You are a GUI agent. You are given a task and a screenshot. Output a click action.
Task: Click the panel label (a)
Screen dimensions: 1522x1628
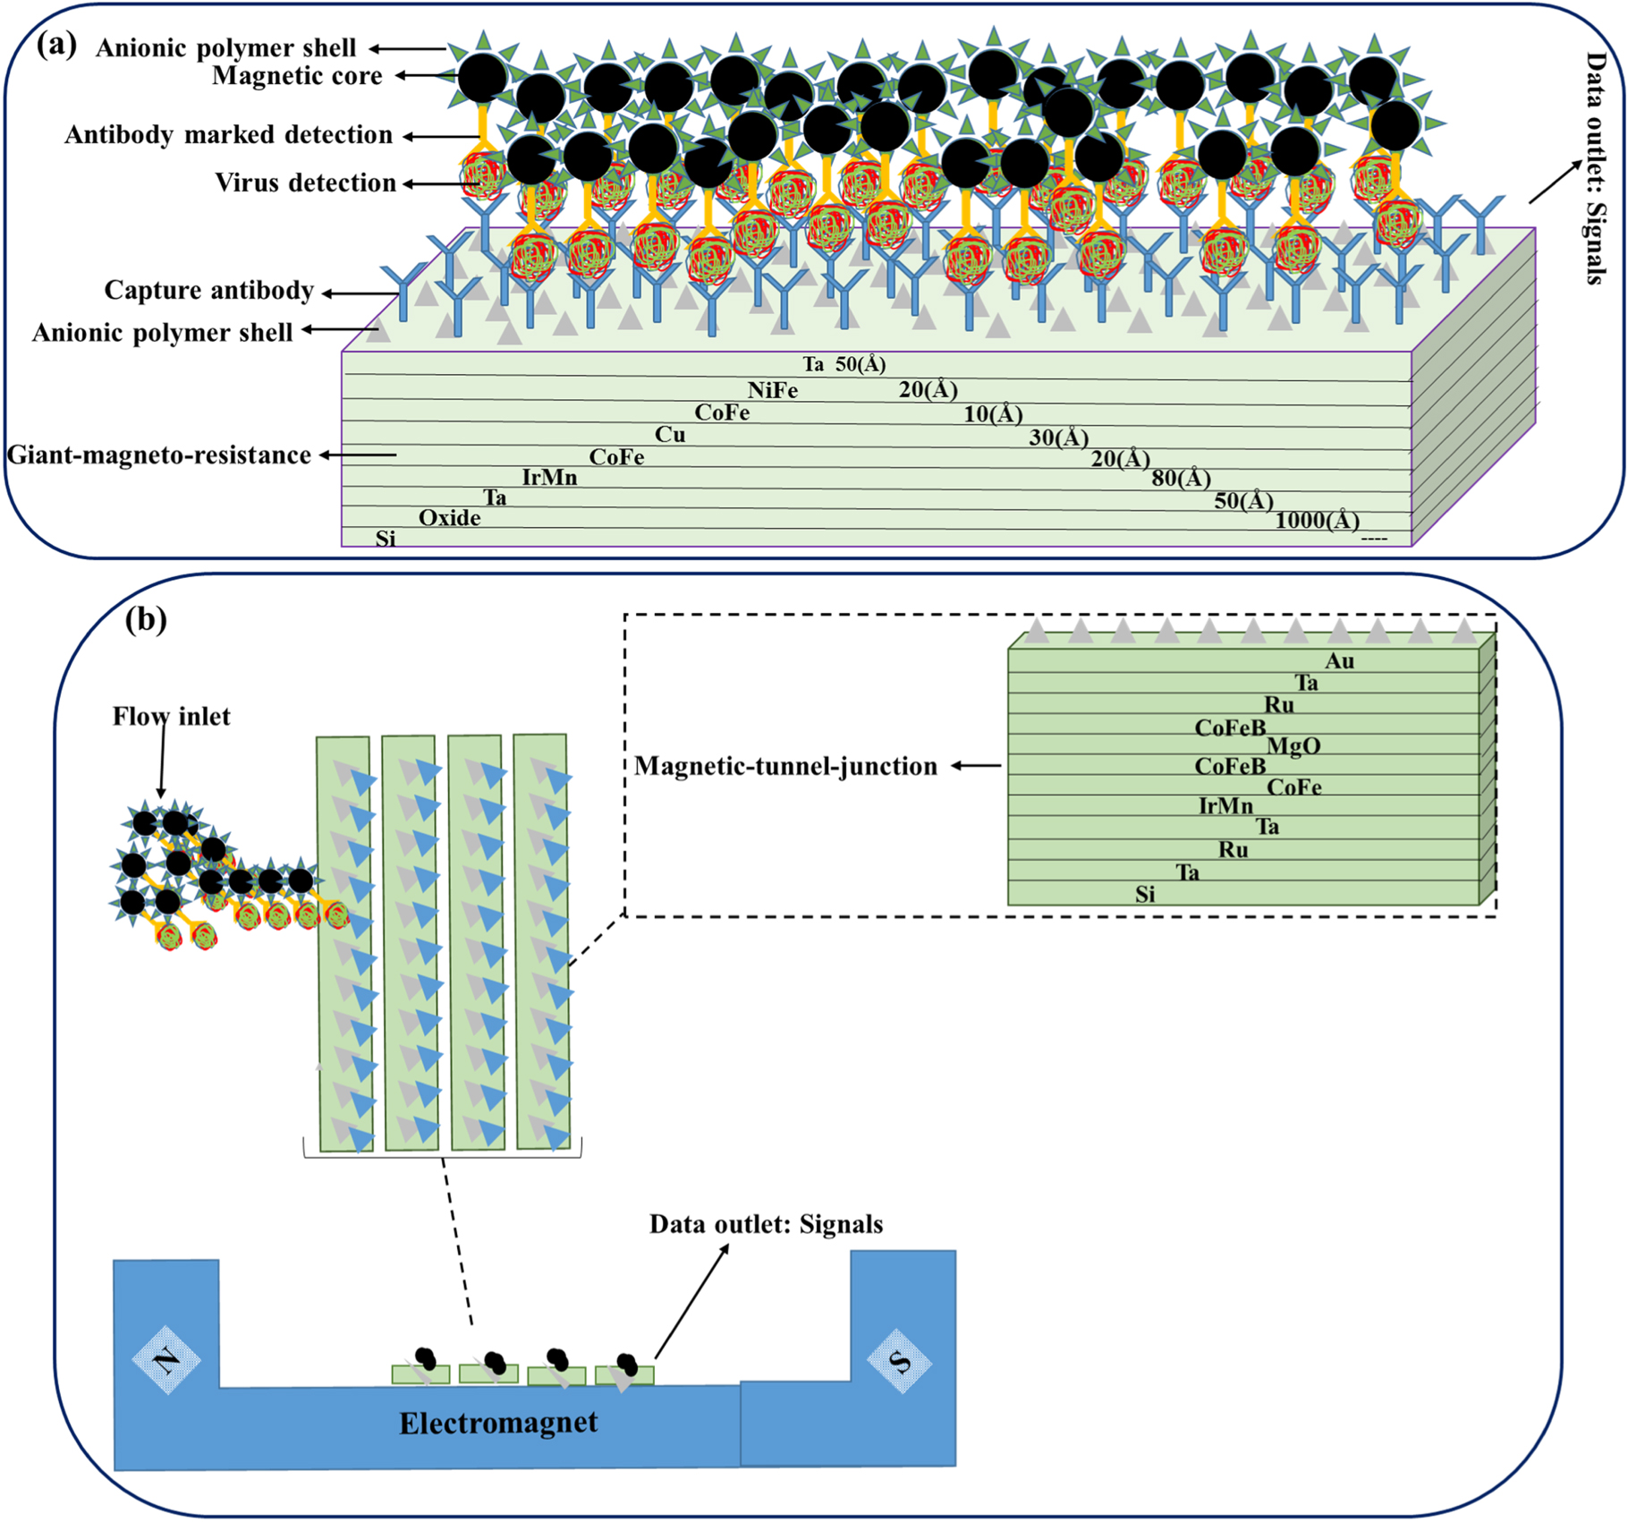[56, 46]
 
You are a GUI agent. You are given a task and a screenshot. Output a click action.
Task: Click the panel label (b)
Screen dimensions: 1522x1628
[146, 619]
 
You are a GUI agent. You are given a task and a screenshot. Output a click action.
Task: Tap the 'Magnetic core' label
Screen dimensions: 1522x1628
[297, 76]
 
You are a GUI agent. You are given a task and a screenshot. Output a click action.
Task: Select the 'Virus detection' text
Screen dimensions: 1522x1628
[305, 183]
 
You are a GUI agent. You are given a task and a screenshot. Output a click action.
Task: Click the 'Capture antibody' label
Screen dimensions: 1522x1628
[209, 290]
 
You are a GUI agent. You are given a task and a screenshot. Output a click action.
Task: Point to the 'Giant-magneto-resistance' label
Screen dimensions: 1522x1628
[159, 455]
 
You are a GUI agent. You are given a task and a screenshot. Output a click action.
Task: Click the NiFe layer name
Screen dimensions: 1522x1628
[773, 390]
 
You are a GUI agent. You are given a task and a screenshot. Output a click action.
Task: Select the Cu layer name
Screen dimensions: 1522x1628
[670, 435]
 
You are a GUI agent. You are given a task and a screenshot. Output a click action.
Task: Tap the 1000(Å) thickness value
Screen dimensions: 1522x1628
[1317, 520]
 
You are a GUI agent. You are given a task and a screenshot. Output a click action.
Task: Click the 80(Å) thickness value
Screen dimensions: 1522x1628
[1181, 479]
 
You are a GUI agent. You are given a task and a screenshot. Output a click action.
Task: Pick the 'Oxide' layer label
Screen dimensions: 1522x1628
[450, 518]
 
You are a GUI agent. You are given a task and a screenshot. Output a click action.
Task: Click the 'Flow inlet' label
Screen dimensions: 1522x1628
[171, 717]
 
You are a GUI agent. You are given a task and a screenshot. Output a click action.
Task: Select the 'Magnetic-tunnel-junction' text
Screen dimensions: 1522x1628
[785, 766]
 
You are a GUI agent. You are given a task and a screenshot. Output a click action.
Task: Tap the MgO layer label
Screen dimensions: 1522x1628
[1293, 746]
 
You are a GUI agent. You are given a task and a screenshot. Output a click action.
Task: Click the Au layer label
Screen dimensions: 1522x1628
[1339, 661]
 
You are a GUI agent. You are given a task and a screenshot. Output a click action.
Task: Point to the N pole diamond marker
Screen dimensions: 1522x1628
[166, 1361]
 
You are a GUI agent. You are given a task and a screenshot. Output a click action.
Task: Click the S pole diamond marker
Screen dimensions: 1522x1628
[900, 1361]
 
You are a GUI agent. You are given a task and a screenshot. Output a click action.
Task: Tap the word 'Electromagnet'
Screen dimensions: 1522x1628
[498, 1423]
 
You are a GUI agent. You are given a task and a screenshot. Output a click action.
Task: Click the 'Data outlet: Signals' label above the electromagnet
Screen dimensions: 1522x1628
[766, 1224]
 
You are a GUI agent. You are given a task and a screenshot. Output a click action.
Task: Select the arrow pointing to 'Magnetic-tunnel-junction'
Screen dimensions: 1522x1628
[976, 766]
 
